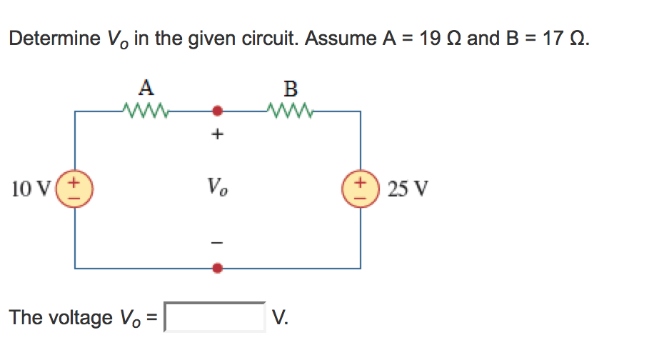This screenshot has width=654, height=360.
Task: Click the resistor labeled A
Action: (x=146, y=111)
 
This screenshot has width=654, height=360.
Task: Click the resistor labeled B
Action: (x=290, y=111)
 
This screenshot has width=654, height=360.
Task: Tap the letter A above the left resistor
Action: (x=146, y=88)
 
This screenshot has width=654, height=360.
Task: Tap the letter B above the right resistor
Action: (x=290, y=89)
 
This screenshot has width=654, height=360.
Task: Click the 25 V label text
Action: (x=408, y=189)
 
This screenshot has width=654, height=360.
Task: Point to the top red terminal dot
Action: (x=218, y=111)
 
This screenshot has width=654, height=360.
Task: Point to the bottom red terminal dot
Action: (x=218, y=269)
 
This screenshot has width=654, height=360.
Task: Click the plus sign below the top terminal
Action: (x=218, y=134)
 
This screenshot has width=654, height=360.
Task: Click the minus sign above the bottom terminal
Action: (x=218, y=244)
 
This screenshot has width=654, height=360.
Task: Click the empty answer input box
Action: (x=215, y=317)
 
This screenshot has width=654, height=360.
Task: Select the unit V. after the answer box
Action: (x=281, y=317)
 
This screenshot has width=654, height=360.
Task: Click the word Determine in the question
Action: (x=54, y=39)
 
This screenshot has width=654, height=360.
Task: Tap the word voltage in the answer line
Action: (x=78, y=317)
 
